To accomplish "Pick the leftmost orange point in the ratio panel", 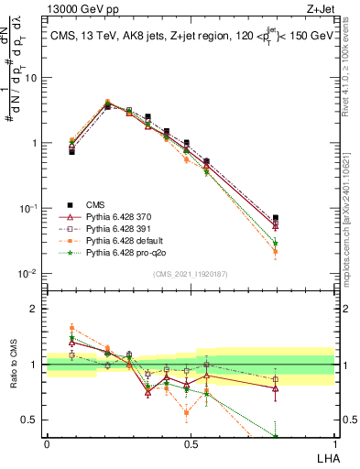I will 71,327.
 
